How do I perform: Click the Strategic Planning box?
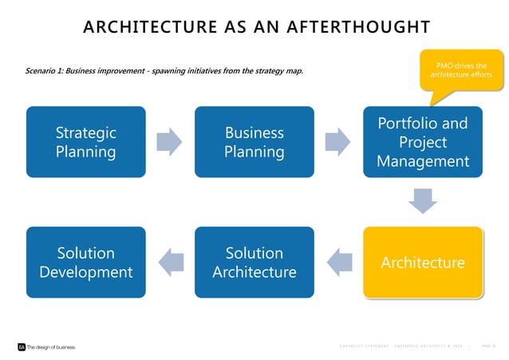click(x=85, y=141)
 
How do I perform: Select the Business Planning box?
click(x=254, y=141)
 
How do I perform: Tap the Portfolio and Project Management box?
click(x=423, y=142)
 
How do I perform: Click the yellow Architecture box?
click(x=423, y=263)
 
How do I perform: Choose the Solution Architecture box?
click(x=254, y=263)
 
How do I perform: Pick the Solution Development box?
click(x=85, y=263)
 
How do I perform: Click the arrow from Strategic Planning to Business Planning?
click(x=169, y=142)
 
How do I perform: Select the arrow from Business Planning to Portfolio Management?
click(x=338, y=142)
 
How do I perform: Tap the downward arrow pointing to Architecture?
click(x=424, y=202)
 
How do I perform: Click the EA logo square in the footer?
click(x=22, y=347)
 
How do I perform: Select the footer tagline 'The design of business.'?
click(x=52, y=347)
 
